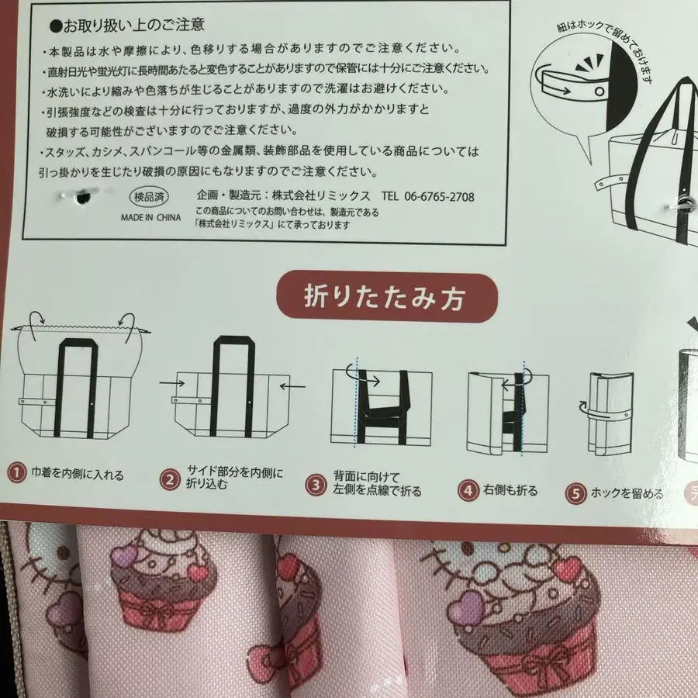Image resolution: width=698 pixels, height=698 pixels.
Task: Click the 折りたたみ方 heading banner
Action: [x=386, y=297]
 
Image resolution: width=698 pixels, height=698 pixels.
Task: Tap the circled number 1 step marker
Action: [x=16, y=472]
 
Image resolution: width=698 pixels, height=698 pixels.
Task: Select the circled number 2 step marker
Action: [x=170, y=479]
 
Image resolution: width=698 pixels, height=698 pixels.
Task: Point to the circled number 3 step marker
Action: [x=316, y=485]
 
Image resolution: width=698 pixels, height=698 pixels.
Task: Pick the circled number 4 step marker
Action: [x=468, y=491]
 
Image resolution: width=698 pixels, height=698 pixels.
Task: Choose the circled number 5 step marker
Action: [x=575, y=494]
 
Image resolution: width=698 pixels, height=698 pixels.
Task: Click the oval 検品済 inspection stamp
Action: [x=149, y=197]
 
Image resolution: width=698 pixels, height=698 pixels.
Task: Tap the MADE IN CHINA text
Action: [x=151, y=218]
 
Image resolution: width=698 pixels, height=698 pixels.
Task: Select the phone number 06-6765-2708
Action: [x=440, y=196]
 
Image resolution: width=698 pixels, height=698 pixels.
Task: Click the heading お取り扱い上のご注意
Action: [x=127, y=26]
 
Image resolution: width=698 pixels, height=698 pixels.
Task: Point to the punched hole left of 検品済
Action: [x=82, y=198]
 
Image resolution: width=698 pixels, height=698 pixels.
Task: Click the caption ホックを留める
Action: [x=627, y=493]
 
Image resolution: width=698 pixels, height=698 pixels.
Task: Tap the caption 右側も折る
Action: [x=510, y=490]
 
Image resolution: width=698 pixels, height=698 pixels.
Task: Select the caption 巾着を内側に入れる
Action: [x=78, y=474]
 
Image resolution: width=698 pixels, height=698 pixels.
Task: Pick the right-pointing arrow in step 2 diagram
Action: [x=172, y=383]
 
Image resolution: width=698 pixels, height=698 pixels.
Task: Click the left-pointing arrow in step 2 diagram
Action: [x=293, y=386]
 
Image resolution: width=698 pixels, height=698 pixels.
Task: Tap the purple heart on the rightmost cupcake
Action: [x=465, y=606]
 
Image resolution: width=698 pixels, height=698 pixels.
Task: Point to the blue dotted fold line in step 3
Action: [x=356, y=402]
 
